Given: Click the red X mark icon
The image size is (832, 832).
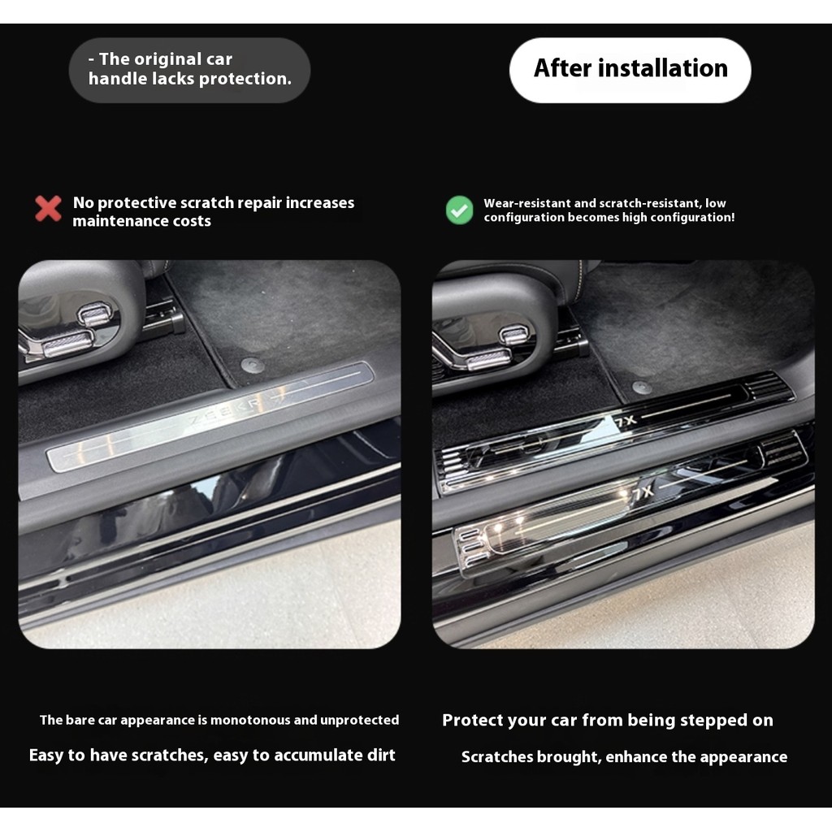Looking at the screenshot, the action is (48, 208).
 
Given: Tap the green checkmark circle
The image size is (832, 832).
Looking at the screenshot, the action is (460, 210).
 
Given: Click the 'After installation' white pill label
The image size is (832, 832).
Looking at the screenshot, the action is (630, 70).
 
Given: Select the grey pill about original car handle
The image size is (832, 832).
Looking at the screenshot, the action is (189, 70).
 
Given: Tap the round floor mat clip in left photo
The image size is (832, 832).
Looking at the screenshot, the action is (253, 365).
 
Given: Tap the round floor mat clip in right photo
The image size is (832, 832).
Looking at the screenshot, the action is (642, 388).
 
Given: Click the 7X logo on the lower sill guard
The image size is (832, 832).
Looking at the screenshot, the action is (642, 493).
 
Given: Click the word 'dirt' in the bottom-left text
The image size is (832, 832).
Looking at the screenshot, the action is (381, 755).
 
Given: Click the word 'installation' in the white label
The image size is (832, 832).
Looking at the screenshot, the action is (666, 68).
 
